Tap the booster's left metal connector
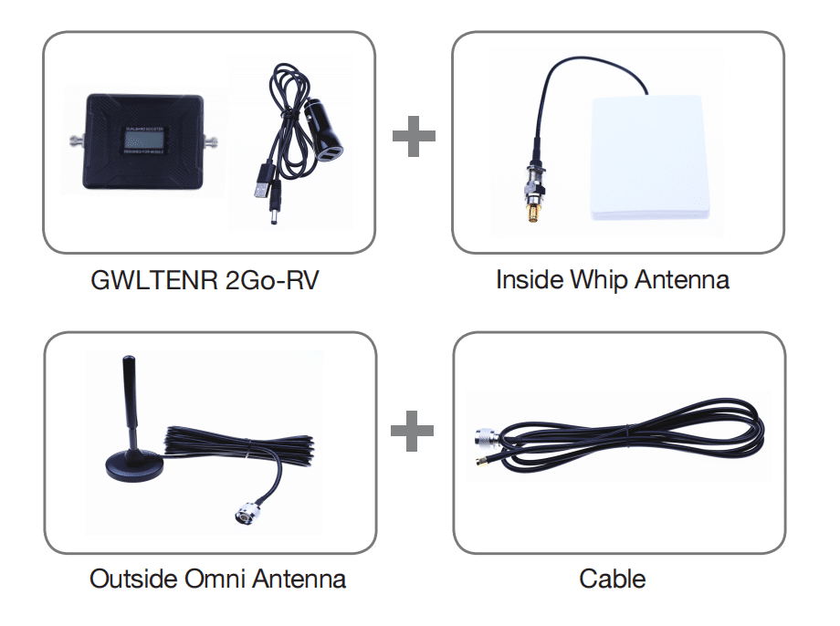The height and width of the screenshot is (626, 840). (x=73, y=141)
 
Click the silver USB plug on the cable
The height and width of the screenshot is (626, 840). (x=259, y=191)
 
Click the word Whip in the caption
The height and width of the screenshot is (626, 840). (x=599, y=279)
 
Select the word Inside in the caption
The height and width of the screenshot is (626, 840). (x=529, y=279)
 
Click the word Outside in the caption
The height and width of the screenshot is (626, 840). (x=131, y=579)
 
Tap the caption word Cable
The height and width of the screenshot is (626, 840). (x=613, y=579)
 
